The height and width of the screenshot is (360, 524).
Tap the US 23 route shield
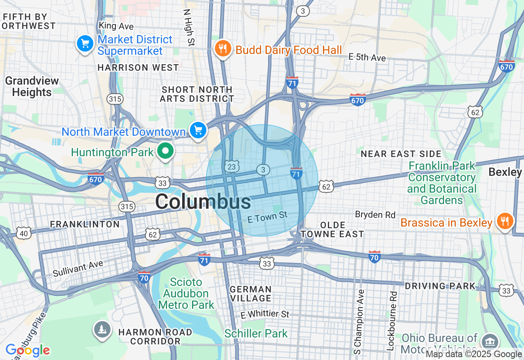[232, 166]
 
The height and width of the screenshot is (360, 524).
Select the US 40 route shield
[24, 233]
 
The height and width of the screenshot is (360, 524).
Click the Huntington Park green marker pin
[165, 151]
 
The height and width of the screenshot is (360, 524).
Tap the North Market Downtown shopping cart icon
[199, 130]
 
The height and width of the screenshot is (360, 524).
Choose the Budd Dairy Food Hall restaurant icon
[223, 49]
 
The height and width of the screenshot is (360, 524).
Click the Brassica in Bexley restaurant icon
[505, 221]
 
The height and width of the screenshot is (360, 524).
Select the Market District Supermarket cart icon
[85, 43]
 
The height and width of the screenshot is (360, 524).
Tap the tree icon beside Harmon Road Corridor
[102, 329]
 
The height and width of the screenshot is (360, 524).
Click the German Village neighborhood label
[251, 294]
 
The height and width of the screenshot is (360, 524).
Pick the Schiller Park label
[256, 333]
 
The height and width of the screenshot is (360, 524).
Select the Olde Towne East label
[332, 229]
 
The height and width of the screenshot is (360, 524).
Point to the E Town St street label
[267, 217]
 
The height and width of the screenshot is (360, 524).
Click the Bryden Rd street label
[375, 214]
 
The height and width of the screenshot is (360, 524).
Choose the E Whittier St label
[265, 314]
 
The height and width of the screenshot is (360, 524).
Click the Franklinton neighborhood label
[85, 224]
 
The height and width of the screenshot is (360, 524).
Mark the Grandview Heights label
[32, 86]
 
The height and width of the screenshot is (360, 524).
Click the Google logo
[27, 350]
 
